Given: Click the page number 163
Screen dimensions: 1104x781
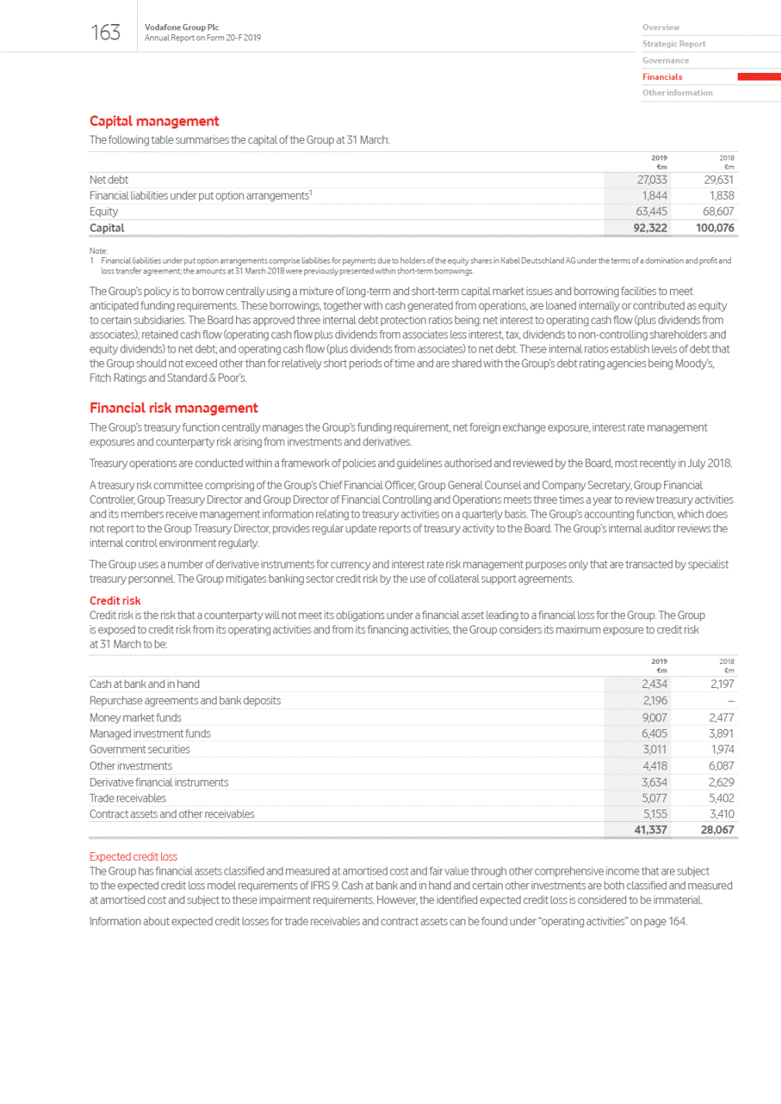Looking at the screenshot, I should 105,33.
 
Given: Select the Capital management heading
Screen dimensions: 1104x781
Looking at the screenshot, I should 154,121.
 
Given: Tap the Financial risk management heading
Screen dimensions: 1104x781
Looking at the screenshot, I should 174,408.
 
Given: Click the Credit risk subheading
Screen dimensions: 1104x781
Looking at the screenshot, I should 115,600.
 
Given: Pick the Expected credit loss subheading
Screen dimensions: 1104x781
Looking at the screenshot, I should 133,857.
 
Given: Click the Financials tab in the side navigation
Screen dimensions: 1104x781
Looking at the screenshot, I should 662,77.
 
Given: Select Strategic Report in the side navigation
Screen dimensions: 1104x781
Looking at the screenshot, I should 673,44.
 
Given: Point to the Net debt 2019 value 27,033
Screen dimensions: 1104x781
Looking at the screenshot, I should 652,180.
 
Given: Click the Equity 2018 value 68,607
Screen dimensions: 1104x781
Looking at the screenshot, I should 718,212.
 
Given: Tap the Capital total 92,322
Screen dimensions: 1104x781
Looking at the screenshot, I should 650,228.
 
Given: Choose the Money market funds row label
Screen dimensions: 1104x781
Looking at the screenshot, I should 136,717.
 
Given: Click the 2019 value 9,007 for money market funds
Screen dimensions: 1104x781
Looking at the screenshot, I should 654,717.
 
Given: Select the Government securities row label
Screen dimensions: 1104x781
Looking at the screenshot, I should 139,749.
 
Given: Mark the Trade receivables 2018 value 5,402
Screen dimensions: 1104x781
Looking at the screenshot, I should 721,798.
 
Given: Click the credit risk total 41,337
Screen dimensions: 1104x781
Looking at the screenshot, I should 650,830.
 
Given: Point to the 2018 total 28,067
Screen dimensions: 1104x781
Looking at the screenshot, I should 717,830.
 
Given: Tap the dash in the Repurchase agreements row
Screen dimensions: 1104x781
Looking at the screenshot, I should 731,701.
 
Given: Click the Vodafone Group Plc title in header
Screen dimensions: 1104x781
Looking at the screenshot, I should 181,27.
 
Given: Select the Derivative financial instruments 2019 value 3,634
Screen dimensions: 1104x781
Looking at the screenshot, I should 654,782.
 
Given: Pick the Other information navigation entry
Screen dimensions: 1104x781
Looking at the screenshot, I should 677,93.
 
